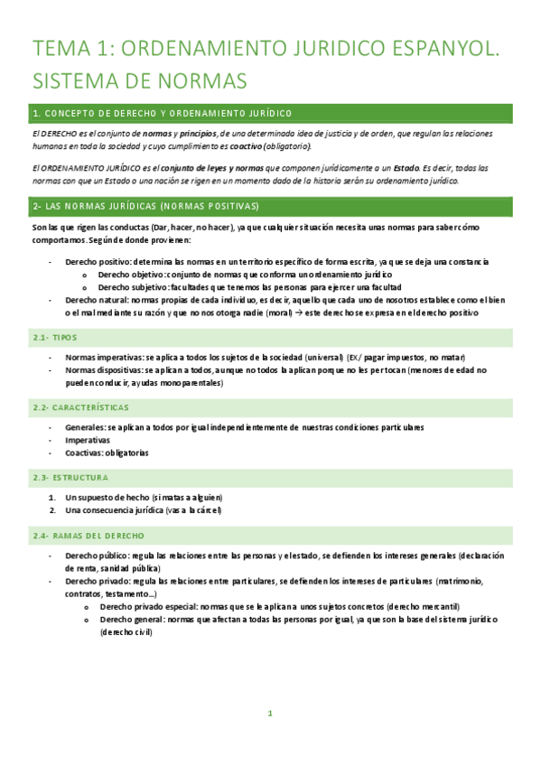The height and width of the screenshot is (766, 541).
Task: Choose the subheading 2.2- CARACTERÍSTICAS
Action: (x=80, y=407)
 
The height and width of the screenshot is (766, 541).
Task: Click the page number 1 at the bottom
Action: (x=270, y=714)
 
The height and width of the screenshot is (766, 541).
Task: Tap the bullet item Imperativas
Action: (x=87, y=441)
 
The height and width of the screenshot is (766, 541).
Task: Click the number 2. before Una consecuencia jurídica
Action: (x=52, y=509)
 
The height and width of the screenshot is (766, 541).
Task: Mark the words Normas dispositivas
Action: (x=103, y=369)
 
